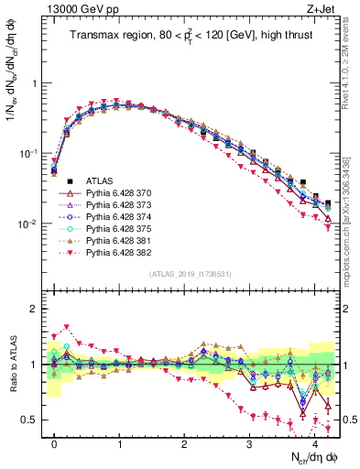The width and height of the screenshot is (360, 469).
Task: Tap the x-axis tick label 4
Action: coord(315,442)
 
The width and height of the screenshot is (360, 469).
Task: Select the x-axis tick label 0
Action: coord(54,442)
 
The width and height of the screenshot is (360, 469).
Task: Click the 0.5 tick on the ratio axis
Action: coord(32,420)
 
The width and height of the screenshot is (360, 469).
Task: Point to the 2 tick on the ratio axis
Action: coord(36,309)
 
